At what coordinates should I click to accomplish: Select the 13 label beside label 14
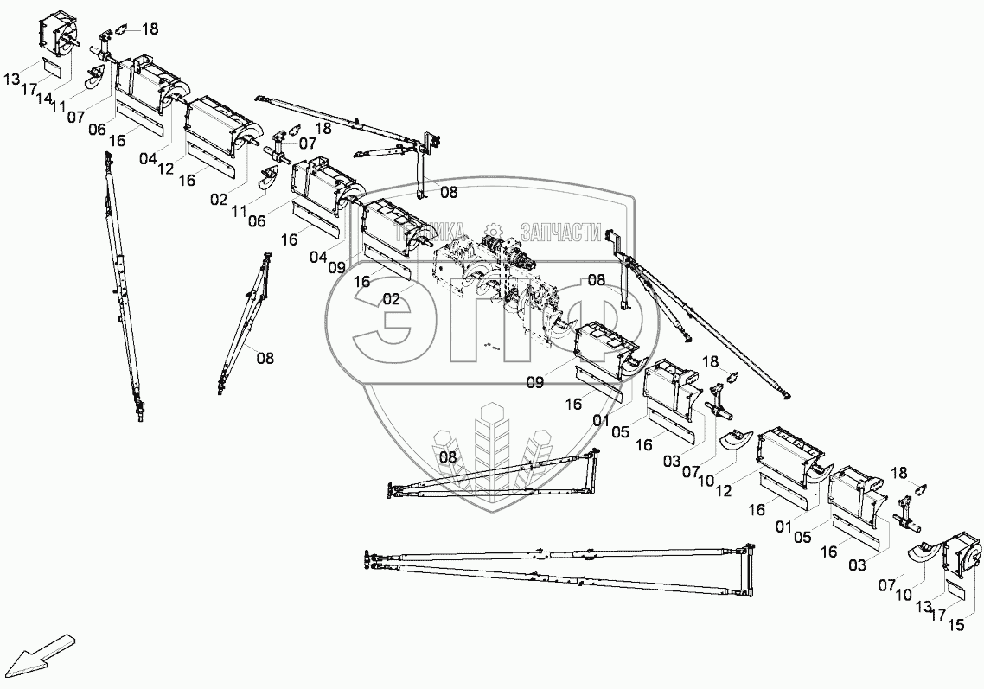[11, 80]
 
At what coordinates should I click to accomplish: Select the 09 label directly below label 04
[338, 267]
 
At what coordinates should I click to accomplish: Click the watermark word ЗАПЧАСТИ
[559, 232]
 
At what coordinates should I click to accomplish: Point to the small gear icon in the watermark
[494, 230]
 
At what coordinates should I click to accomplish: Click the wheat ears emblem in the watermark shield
[493, 450]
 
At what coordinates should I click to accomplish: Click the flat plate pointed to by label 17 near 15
[957, 590]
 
